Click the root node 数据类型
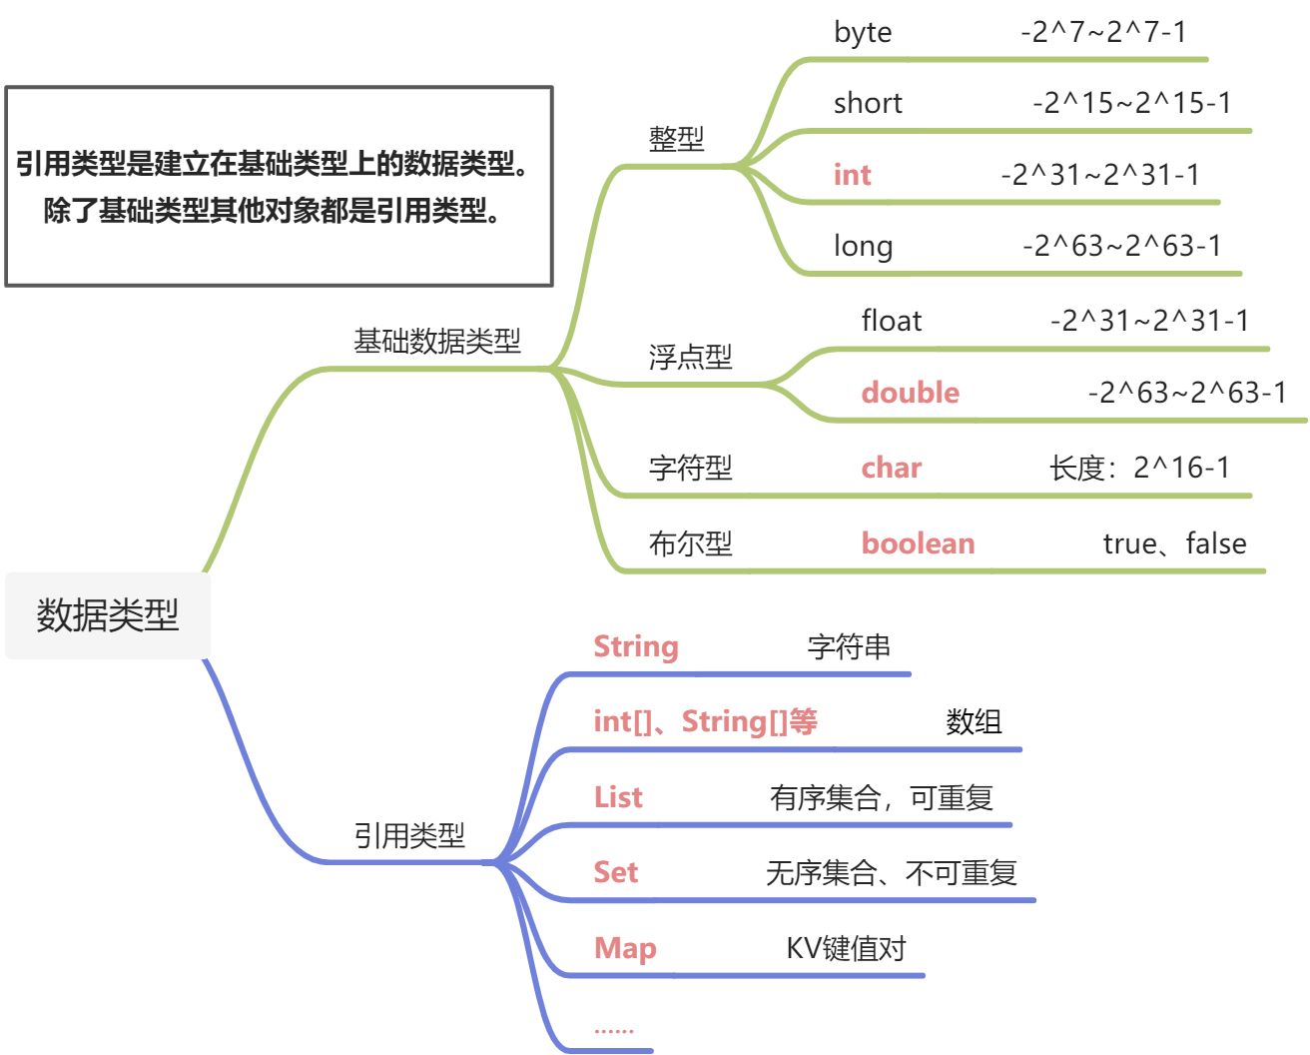pos(107,615)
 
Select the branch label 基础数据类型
pos(437,342)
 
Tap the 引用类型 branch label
pos(409,835)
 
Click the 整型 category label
pos(676,139)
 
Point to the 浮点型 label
pos(690,357)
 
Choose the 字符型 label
pos(690,468)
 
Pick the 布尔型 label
pos(690,543)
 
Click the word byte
pos(863,32)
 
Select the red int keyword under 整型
pos(852,175)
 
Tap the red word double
pos(910,393)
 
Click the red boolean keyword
pos(918,543)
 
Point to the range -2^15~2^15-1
pos(1132,103)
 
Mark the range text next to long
pos(1121,246)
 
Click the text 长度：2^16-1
pos(1139,468)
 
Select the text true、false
pos(1174,543)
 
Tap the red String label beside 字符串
pos(636,647)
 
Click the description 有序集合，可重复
pos(881,797)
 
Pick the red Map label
pos(625,948)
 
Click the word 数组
pos(974,721)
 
